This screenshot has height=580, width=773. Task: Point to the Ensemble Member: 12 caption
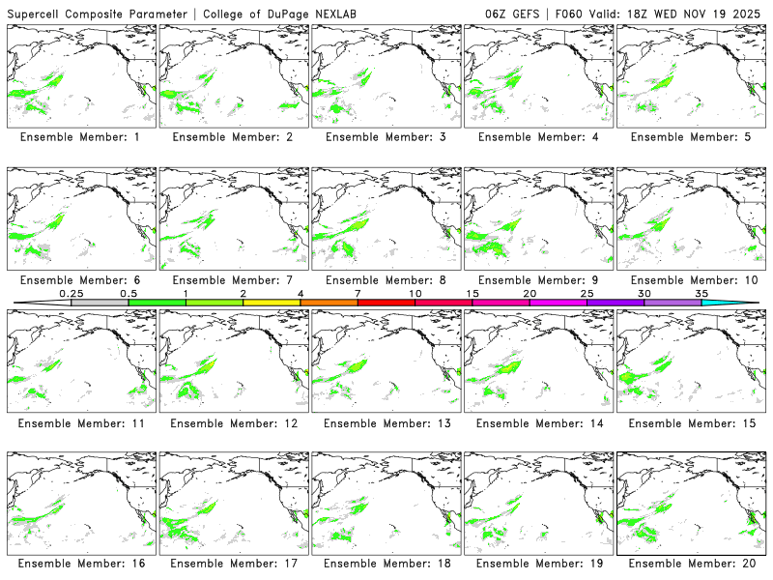(x=233, y=422)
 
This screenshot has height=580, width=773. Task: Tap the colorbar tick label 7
(x=358, y=293)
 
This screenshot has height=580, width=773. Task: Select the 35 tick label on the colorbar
(x=701, y=293)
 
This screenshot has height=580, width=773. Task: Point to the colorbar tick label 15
(x=472, y=293)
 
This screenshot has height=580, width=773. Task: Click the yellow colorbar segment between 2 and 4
(x=272, y=303)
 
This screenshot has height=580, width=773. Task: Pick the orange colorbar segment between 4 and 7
(x=329, y=303)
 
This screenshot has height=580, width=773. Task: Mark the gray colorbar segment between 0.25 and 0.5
(x=100, y=303)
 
